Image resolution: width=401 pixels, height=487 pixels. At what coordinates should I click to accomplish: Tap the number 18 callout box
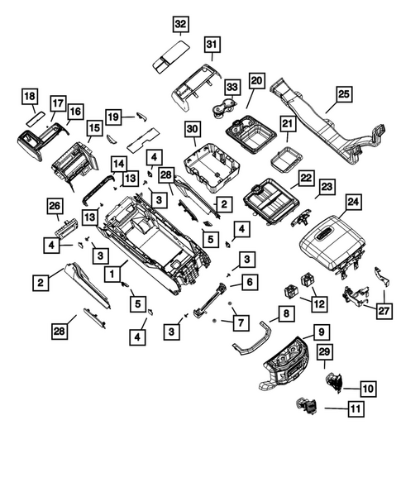click(x=30, y=97)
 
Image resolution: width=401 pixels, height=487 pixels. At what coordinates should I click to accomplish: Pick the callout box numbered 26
click(x=55, y=206)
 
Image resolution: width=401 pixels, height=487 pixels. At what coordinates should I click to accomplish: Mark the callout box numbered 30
click(x=193, y=130)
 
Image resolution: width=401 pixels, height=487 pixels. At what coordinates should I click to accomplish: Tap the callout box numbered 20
click(x=255, y=81)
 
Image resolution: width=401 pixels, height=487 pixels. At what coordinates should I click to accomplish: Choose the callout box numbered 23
click(x=327, y=189)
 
